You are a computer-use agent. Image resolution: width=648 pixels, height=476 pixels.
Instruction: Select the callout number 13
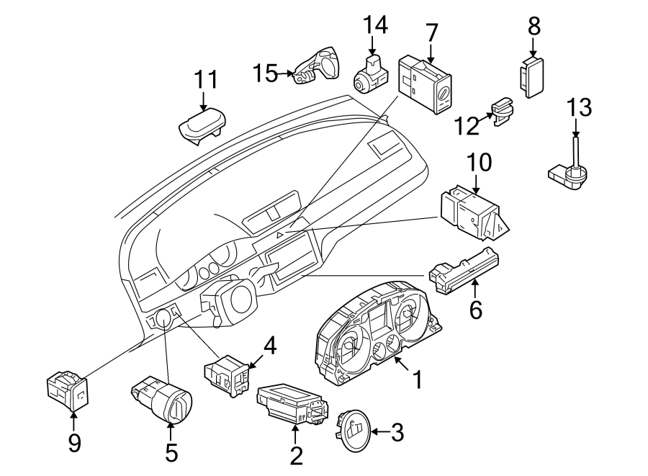[x=579, y=108]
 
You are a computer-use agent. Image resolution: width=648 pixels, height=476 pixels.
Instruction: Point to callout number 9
[x=74, y=442]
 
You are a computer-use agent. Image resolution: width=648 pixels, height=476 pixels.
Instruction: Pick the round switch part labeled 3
[x=354, y=431]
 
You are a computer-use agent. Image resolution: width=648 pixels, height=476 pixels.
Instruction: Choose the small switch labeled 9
[x=66, y=389]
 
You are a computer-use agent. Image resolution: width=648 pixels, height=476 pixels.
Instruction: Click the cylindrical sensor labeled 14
[x=369, y=74]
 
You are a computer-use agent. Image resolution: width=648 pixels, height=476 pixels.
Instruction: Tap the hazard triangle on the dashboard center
[x=281, y=235]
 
